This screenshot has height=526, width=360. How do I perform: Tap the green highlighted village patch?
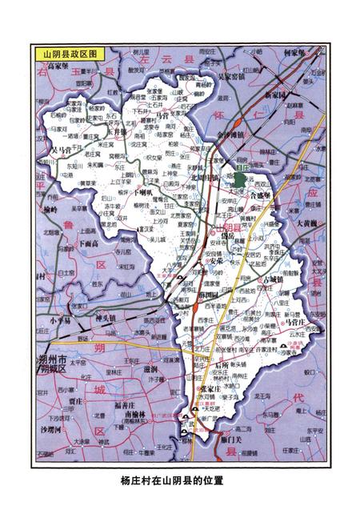pyautogui.click(x=239, y=177)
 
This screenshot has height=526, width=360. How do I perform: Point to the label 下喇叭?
pyautogui.click(x=146, y=192)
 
